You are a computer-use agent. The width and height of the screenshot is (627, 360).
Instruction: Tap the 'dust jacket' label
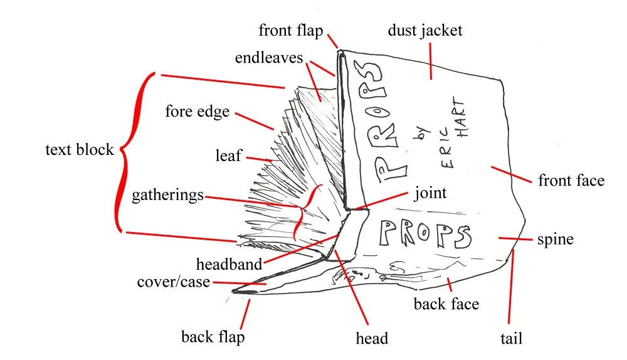(x=425, y=30)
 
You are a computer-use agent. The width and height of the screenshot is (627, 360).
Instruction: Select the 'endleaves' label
(x=270, y=58)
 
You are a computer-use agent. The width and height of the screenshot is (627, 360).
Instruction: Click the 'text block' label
(x=79, y=150)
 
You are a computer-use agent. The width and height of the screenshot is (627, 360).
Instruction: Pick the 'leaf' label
(x=228, y=156)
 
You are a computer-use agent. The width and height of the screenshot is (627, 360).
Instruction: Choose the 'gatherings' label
(x=167, y=195)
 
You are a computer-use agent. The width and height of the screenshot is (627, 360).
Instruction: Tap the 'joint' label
(x=430, y=193)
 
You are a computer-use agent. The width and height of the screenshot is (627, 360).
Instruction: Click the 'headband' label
(x=229, y=264)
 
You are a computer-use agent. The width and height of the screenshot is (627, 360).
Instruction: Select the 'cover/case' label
(x=174, y=282)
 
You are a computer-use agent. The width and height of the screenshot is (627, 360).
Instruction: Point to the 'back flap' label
(x=213, y=337)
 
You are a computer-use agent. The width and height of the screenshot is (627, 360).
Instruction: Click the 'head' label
(x=372, y=338)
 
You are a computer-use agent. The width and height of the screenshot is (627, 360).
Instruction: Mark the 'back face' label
(x=446, y=304)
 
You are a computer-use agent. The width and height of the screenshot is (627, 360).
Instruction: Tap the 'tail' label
(x=511, y=339)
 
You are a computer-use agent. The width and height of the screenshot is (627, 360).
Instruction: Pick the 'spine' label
(x=556, y=239)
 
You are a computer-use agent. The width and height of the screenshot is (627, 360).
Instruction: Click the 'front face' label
(x=571, y=181)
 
